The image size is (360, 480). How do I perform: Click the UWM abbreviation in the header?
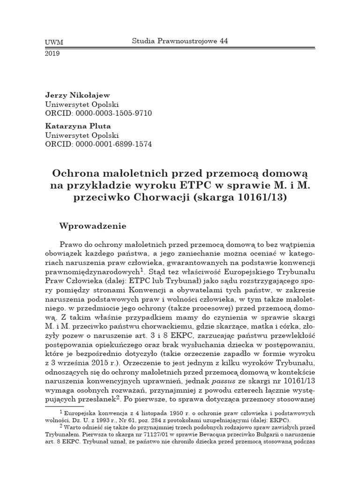(x=53, y=43)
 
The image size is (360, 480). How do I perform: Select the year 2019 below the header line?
(x=52, y=53)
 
